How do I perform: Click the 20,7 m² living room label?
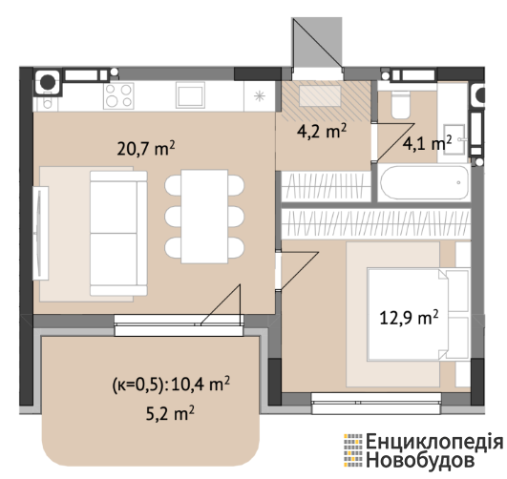[x=146, y=148]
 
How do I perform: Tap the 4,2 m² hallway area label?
[x=322, y=131]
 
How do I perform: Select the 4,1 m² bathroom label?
[x=427, y=143]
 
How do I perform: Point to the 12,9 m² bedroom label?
[x=409, y=318]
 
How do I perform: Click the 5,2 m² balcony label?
[x=170, y=413]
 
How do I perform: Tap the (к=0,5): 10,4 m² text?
[x=171, y=384]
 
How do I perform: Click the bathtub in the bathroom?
[x=424, y=182]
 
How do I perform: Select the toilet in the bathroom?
[x=400, y=105]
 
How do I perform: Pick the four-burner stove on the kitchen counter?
[x=118, y=95]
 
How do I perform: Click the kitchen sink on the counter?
[x=190, y=94]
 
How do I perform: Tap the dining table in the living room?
[x=204, y=217]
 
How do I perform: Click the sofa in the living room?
[x=118, y=233]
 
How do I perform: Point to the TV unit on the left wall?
[x=41, y=233]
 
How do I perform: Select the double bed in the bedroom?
[x=418, y=314]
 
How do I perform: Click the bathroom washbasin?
[x=454, y=139]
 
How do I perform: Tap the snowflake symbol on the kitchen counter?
[x=260, y=96]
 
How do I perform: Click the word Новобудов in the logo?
[x=420, y=460]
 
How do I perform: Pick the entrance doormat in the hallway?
[x=320, y=95]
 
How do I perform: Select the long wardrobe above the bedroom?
[x=376, y=224]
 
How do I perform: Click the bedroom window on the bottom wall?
[x=376, y=403]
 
